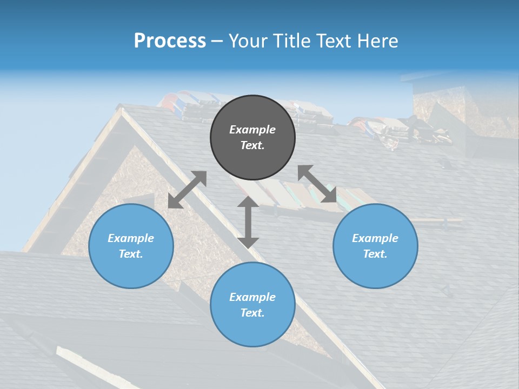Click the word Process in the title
(170, 41)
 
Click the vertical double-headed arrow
(248, 222)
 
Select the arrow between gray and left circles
(187, 190)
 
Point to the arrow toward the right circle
(317, 184)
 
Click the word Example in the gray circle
(252, 130)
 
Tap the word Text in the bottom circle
(252, 313)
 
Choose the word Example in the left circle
(131, 238)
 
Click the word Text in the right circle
(375, 254)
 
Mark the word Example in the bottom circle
(252, 297)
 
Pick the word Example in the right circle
(375, 238)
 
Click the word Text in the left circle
(131, 254)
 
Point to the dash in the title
(217, 41)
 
